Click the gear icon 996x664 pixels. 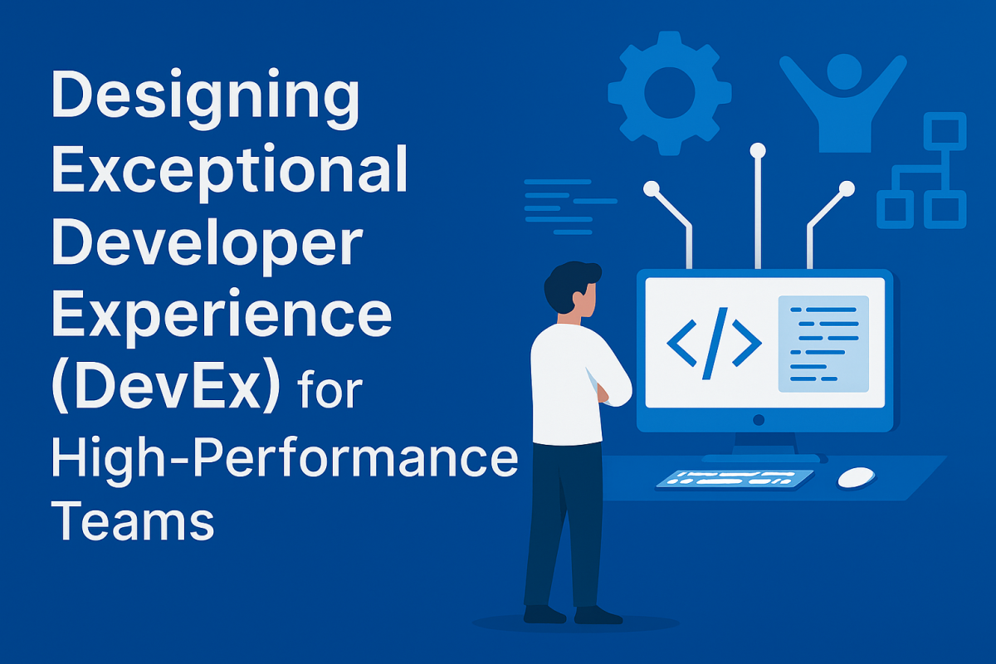669,93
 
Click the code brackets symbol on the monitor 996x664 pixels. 714,342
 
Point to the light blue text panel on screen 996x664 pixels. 823,343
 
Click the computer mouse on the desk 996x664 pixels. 856,476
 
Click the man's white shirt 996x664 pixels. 569,382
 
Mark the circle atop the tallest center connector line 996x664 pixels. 757,150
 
